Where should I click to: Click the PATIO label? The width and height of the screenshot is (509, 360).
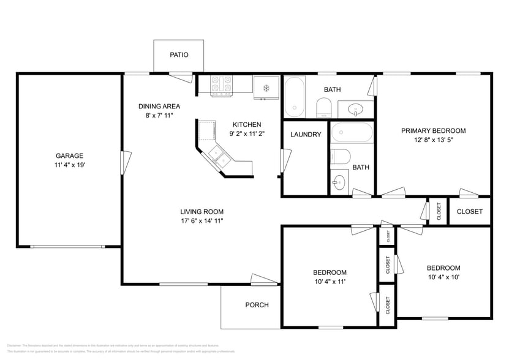click(x=179, y=55)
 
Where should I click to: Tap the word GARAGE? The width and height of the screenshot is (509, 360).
click(x=69, y=156)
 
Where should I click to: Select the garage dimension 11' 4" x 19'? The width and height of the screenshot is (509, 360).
click(x=69, y=165)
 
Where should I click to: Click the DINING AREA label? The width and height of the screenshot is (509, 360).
click(x=159, y=106)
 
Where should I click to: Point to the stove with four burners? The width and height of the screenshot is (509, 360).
click(x=222, y=86)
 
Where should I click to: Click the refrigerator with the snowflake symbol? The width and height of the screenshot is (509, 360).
click(x=266, y=88)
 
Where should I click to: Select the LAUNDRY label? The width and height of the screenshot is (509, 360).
click(x=306, y=135)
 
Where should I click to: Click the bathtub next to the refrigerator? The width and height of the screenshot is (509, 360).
click(x=295, y=97)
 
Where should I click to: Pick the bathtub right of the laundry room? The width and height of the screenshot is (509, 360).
click(x=351, y=133)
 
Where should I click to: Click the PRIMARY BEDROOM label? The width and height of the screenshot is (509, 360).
click(x=433, y=130)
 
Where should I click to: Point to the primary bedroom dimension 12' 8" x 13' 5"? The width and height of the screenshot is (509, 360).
click(x=433, y=140)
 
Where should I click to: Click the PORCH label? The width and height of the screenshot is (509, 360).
click(x=257, y=305)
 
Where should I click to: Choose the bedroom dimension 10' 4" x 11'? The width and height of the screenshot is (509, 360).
click(x=330, y=282)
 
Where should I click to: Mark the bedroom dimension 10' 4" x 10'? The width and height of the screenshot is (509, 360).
click(x=443, y=277)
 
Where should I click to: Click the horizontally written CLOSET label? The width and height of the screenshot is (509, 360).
click(x=470, y=212)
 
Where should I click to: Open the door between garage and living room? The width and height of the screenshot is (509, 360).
click(x=126, y=162)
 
